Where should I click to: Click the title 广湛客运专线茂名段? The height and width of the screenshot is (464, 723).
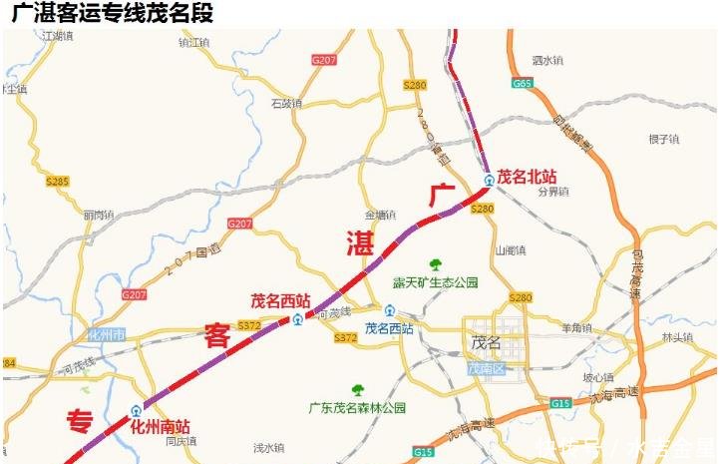(112, 14)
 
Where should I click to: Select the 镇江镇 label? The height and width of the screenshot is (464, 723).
(194, 43)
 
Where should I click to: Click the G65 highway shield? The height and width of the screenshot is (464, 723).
(523, 83)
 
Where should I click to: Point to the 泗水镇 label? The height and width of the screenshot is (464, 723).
(547, 60)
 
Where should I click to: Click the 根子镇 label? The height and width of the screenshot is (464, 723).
(662, 139)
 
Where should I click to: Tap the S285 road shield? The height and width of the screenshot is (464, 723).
(58, 181)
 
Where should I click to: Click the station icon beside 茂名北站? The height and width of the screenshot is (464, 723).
(489, 181)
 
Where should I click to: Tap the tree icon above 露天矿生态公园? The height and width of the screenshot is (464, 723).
(435, 264)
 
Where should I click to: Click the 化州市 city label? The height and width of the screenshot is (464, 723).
(106, 334)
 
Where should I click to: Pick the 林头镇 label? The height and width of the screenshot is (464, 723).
(677, 337)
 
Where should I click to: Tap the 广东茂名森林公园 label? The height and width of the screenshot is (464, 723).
(358, 407)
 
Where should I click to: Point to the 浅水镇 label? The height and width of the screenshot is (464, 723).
(268, 446)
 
